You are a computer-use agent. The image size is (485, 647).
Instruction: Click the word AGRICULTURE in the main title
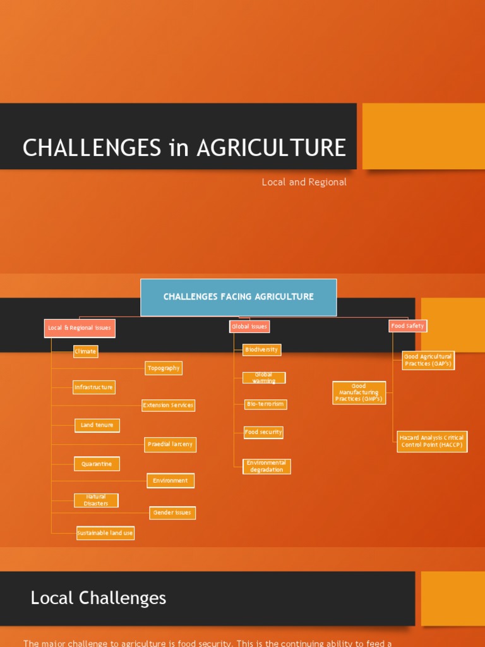pos(271,148)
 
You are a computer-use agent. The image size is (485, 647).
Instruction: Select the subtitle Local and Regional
pos(304,182)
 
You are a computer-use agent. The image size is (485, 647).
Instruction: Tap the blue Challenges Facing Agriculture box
pos(238,297)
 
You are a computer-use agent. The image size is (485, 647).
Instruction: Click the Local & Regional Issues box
pos(80,328)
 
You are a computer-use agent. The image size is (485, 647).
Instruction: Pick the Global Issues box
pos(249,327)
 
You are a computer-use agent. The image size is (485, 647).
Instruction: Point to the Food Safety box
pos(407,326)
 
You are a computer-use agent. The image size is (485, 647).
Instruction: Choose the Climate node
pos(86,351)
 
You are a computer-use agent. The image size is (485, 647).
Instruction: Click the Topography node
pos(164,368)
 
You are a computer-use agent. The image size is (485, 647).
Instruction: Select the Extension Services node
pos(168,405)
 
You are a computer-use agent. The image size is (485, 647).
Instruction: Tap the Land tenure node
pos(97,425)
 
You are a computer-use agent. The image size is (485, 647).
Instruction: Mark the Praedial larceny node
pos(170,445)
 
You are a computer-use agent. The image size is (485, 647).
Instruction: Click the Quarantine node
pos(97,464)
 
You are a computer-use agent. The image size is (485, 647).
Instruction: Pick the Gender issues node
pos(172,512)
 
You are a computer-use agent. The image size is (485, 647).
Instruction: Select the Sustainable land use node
pos(105,533)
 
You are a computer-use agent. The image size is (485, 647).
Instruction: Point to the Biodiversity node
pos(261,349)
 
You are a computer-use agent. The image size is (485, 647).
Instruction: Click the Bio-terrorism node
pos(265,404)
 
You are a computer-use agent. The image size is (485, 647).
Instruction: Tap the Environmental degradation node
pos(266,466)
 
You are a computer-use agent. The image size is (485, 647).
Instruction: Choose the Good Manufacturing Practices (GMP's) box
pos(359,392)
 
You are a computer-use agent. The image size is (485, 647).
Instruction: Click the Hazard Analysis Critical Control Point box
pos(432,441)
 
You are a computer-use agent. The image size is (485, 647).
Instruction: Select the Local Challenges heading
pos(99,598)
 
